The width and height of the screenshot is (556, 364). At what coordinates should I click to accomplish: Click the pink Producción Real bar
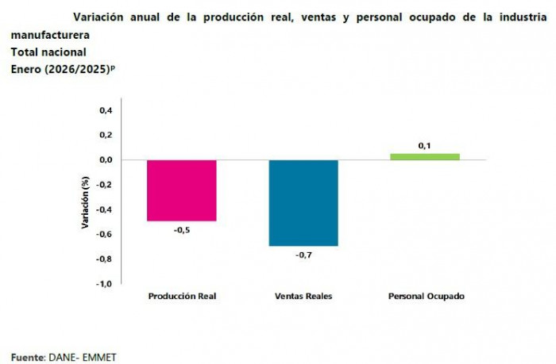point(182,190)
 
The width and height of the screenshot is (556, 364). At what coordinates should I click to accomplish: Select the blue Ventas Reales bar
point(303,202)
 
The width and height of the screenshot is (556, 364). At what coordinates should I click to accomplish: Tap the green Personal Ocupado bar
point(425,156)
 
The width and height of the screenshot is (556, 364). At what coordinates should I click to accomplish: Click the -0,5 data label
point(182,231)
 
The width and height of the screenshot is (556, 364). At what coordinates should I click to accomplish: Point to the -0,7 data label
point(303,255)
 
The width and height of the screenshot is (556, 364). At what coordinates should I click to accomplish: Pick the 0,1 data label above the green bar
point(425,145)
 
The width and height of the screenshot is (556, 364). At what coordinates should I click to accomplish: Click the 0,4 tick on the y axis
point(106,110)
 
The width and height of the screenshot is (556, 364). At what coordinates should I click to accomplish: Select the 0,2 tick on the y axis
point(106,135)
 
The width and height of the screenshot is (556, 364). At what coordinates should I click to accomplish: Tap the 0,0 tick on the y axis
point(106,160)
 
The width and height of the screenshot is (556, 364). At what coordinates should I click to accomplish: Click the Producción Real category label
point(182,297)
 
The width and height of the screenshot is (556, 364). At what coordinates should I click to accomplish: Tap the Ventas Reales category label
point(303,297)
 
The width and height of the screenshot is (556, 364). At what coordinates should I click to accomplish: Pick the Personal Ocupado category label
point(426,297)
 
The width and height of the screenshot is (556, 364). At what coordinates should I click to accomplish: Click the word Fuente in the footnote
point(27,357)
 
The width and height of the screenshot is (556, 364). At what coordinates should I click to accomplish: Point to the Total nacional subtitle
point(48,52)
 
